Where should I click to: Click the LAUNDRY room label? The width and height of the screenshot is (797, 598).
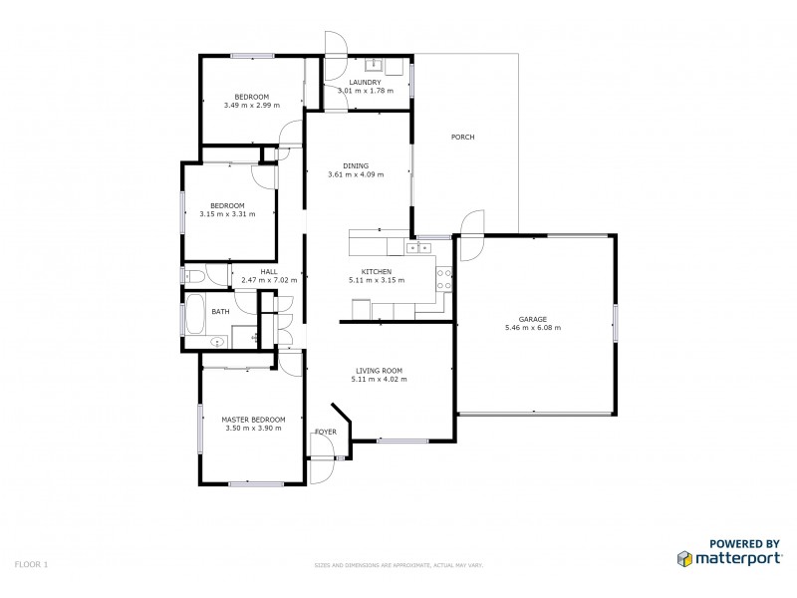tap(365, 83)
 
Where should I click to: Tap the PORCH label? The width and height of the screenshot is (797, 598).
tap(462, 137)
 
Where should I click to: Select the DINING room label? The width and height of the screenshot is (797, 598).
tap(356, 166)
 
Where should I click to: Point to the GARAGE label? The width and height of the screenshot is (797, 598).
tap(532, 319)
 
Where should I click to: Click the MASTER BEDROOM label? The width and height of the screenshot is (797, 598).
tap(253, 420)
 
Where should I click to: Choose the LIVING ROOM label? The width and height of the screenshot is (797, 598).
tap(379, 371)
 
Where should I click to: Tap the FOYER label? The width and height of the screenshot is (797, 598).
tap(326, 432)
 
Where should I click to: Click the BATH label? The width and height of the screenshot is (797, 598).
tap(220, 312)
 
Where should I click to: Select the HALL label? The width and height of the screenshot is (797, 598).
tap(269, 272)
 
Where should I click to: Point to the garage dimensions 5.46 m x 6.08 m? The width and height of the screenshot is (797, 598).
tap(532, 328)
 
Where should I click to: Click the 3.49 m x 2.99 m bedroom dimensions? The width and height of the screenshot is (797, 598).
tap(251, 105)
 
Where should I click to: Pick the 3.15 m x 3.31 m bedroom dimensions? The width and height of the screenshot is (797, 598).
tap(227, 213)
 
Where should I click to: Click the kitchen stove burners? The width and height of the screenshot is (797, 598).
tap(445, 279)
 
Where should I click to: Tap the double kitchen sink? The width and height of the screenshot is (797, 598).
tap(416, 247)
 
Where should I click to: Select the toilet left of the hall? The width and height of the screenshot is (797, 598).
tap(193, 275)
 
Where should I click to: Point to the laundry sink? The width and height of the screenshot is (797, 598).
tap(377, 67)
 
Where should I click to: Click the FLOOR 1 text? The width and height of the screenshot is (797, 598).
tap(32, 564)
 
